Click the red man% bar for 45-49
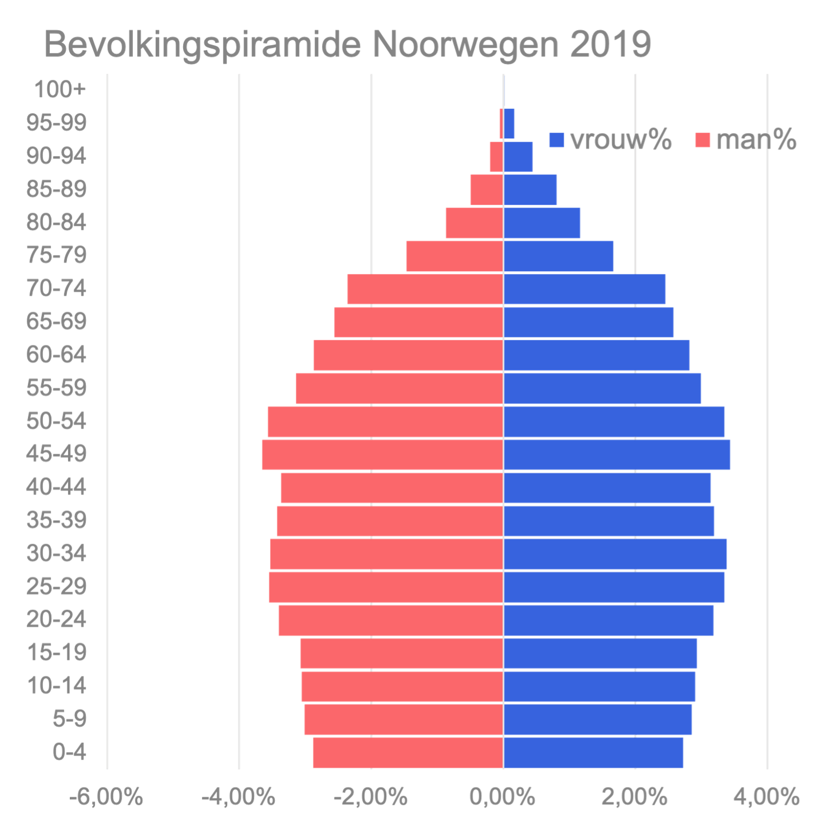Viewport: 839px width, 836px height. point(382,455)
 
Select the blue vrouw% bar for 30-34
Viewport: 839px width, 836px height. point(615,554)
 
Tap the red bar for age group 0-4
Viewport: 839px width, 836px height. point(407,752)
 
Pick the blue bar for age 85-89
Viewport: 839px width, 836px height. point(530,190)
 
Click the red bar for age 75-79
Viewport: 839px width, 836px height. point(454,256)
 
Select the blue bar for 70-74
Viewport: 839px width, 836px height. point(584,289)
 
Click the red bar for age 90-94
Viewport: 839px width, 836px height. point(496,157)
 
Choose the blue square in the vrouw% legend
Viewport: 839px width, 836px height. point(557,140)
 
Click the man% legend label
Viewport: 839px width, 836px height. point(756,140)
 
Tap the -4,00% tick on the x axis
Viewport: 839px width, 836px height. point(238,797)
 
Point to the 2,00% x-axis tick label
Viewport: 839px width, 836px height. point(635,797)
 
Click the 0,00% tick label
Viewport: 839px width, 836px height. point(502,797)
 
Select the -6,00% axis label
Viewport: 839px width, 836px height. point(107,797)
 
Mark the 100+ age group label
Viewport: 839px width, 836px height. point(60,89)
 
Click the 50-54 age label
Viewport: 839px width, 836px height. point(56,421)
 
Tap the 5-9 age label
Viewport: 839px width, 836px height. point(70,719)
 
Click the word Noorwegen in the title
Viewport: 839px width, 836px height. point(465,45)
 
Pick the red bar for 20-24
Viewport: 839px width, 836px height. point(391,620)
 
